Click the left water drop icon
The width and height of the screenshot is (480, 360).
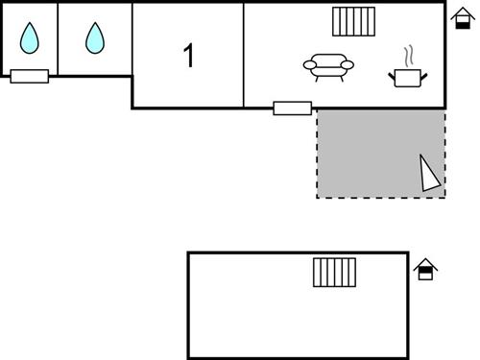pyautogui.click(x=30, y=38)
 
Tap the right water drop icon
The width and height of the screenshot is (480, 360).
pyautogui.click(x=94, y=38)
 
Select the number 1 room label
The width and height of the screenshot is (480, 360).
pyautogui.click(x=188, y=56)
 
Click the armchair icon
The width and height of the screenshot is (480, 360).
pyautogui.click(x=328, y=65)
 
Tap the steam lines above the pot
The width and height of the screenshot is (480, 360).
pyautogui.click(x=408, y=54)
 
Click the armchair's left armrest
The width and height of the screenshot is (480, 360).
pyautogui.click(x=310, y=65)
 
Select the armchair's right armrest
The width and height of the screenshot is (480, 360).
pyautogui.click(x=347, y=65)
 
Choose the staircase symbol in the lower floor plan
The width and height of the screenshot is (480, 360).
pyautogui.click(x=334, y=272)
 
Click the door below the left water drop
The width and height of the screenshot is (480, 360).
pyautogui.click(x=30, y=76)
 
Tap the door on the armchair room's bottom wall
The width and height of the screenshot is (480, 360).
pyautogui.click(x=292, y=108)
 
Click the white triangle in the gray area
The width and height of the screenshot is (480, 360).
pyautogui.click(x=429, y=174)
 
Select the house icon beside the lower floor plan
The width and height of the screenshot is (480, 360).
pyautogui.click(x=425, y=270)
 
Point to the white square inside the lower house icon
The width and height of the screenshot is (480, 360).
pyautogui.click(x=425, y=274)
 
